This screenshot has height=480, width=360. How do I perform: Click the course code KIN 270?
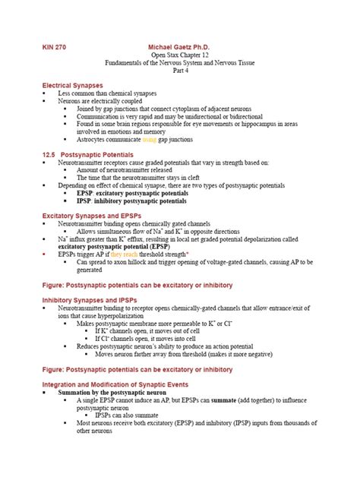[x=55, y=47]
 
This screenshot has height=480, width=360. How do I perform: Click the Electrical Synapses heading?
[x=73, y=86]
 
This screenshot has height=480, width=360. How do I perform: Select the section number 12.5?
[x=49, y=154]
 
